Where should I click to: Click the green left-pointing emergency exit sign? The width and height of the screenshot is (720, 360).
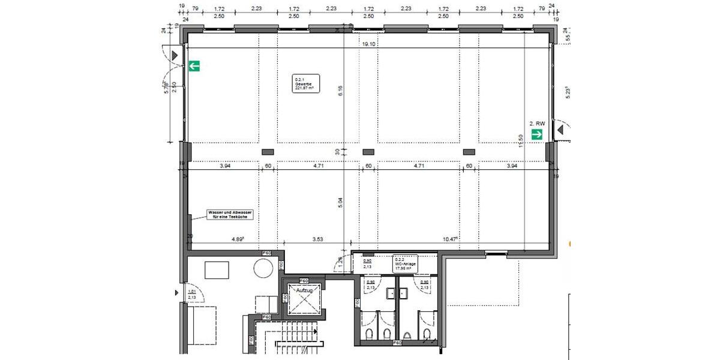194,66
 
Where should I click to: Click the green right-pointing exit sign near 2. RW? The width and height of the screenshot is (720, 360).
537,134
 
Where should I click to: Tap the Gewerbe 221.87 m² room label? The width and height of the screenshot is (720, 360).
306,83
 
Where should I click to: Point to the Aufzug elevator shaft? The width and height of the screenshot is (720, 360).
304,298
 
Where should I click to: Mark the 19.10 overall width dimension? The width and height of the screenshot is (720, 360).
368,44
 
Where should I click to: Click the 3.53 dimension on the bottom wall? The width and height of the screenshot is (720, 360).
318,239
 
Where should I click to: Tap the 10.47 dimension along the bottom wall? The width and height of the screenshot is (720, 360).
449,239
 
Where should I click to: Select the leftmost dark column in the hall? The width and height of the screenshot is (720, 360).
268,151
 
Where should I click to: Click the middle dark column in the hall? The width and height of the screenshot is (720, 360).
368,151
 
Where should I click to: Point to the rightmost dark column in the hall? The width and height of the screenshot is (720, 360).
469,151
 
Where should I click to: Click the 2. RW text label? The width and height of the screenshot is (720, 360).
537,124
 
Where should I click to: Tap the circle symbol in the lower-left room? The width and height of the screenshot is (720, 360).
263,268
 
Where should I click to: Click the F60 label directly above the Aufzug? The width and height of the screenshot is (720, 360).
304,281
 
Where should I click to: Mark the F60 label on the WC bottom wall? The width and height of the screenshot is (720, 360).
397,343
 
